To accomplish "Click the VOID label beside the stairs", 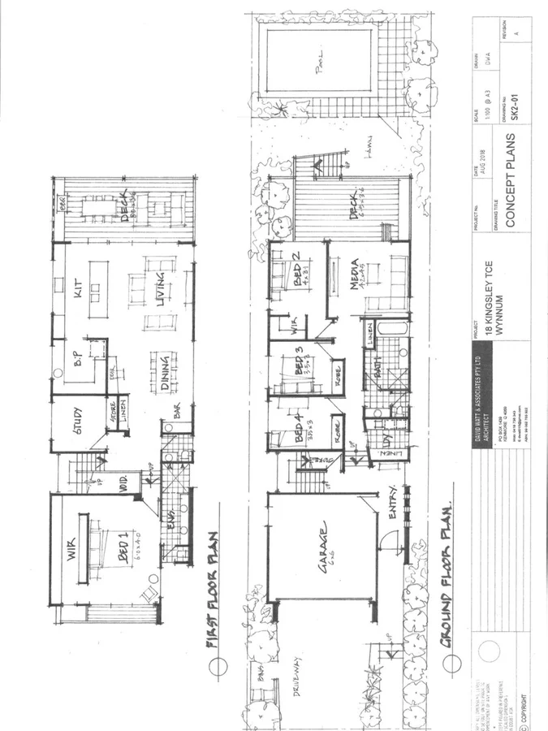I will point(125,481).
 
